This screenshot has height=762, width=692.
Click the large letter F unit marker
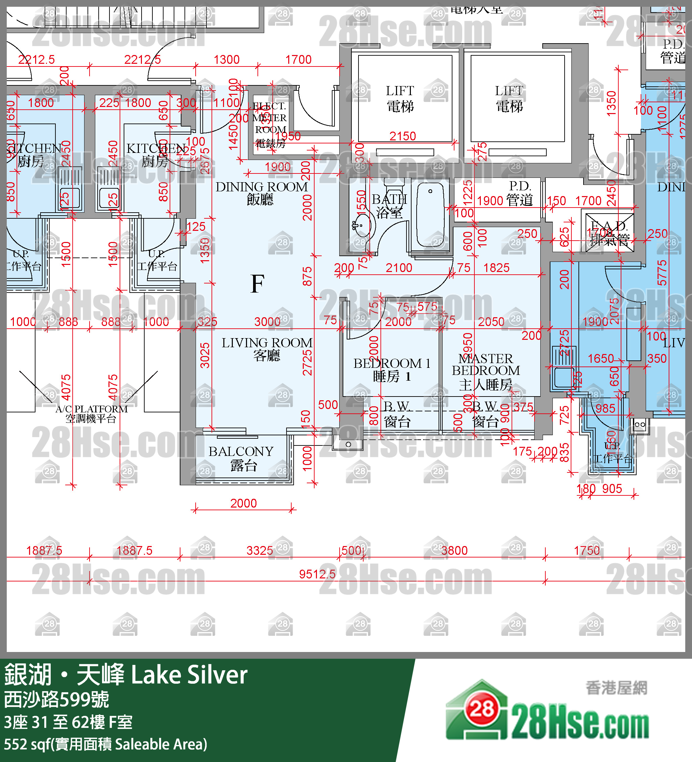pyautogui.click(x=257, y=284)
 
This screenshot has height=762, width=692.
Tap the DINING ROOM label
pyautogui.click(x=262, y=193)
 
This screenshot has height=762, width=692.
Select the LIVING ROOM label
pyautogui.click(x=267, y=349)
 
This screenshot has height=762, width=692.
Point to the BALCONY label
pyautogui.click(x=241, y=458)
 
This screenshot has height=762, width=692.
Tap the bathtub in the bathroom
pyautogui.click(x=430, y=214)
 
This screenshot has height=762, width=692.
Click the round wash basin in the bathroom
pyautogui.click(x=362, y=226)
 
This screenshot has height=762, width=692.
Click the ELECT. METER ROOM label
pyautogui.click(x=270, y=124)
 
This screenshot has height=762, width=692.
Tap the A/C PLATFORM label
pyautogui.click(x=91, y=413)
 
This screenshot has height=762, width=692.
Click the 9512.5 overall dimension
pyautogui.click(x=317, y=574)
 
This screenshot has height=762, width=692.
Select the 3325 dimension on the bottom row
pyautogui.click(x=259, y=550)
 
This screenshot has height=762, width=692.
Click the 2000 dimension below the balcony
pyautogui.click(x=243, y=503)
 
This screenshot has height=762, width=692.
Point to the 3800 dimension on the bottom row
pyautogui.click(x=454, y=550)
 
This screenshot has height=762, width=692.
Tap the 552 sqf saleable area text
pyautogui.click(x=105, y=744)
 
